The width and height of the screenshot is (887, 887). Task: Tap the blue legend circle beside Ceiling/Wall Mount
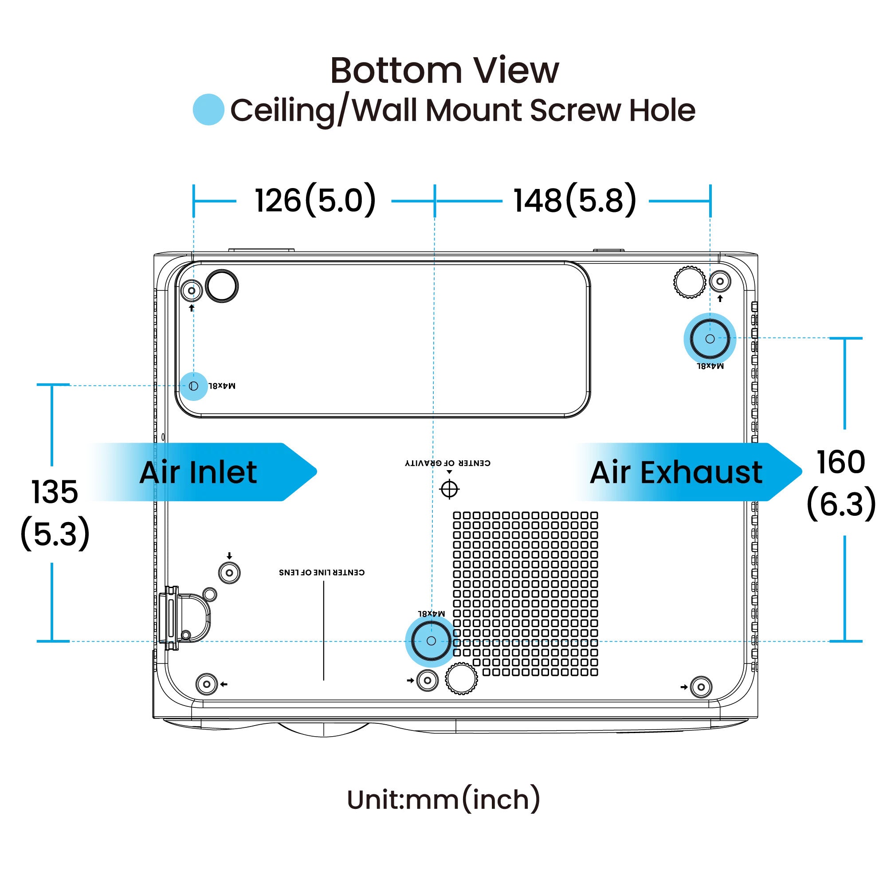coord(208,109)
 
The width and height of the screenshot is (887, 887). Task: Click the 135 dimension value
coord(55,492)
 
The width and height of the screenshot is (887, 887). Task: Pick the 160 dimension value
coord(841,462)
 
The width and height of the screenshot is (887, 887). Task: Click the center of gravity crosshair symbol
coord(449,489)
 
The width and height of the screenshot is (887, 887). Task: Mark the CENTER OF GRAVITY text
coord(447,463)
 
